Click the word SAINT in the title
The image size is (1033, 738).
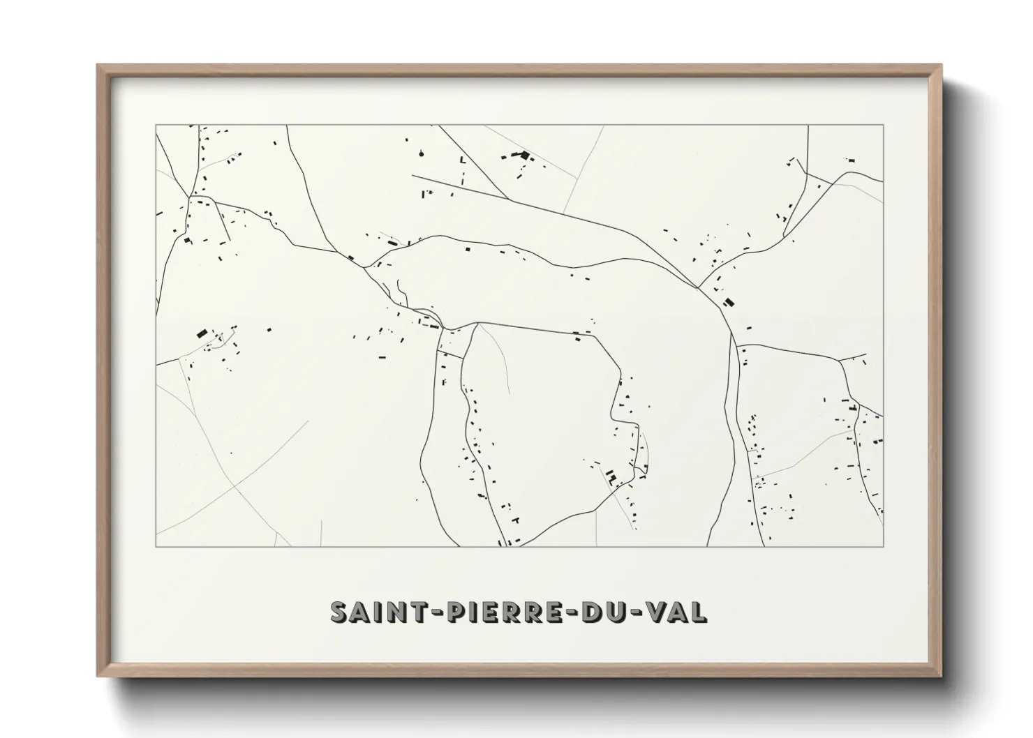pos(374,611)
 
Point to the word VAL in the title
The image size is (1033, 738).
pos(676,611)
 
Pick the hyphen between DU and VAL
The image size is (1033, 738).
pos(637,612)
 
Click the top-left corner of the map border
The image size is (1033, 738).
pos(156,126)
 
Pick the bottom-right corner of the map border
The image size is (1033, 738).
pos(883,546)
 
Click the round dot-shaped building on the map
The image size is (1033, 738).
pos(422,151)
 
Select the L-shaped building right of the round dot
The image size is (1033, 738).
pos(461,160)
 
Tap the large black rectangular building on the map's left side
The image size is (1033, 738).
pos(202,333)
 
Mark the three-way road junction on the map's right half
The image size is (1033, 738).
pos(698,287)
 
